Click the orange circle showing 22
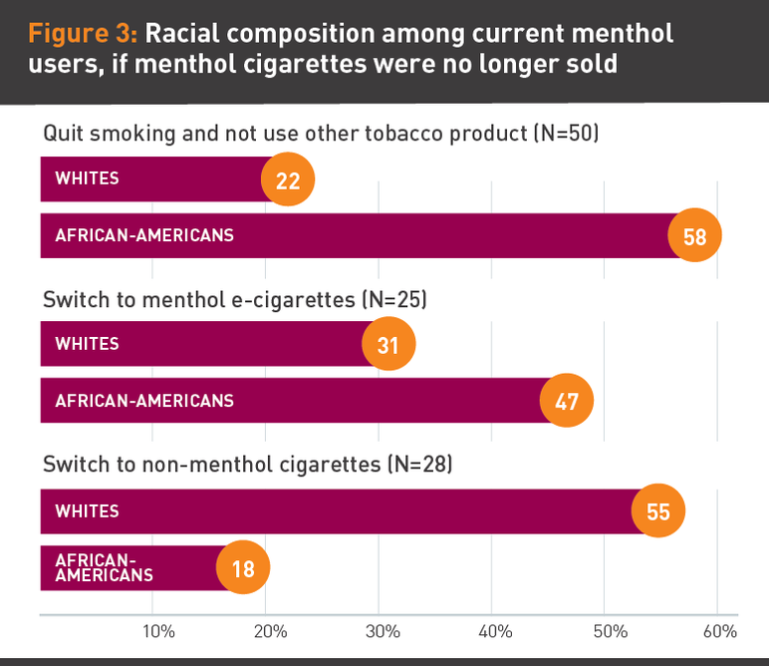(x=287, y=179)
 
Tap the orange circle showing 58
(x=694, y=236)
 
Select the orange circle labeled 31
(x=388, y=345)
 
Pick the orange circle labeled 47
(x=566, y=402)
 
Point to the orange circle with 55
(x=658, y=512)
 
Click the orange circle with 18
(x=243, y=569)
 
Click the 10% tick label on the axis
(x=158, y=631)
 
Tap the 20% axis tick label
(x=271, y=631)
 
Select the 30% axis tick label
(x=384, y=631)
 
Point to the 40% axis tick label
(x=496, y=631)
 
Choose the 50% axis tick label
(x=609, y=631)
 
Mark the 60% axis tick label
(x=719, y=631)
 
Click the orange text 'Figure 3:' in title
(x=84, y=34)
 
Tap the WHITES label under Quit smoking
(x=87, y=179)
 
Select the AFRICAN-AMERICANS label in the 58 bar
(x=144, y=236)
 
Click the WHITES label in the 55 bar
(x=87, y=511)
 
